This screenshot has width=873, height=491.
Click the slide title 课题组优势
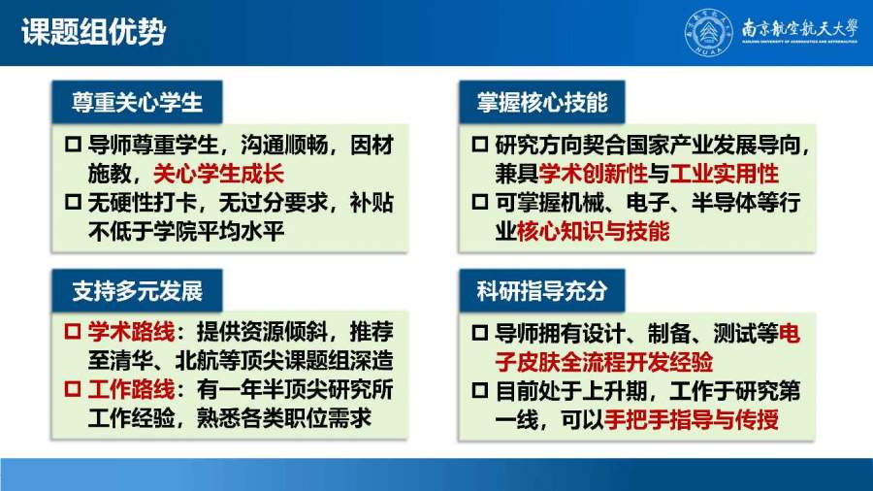pyautogui.click(x=93, y=31)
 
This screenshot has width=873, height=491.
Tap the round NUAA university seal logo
pyautogui.click(x=708, y=32)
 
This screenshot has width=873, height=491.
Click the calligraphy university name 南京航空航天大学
pyautogui.click(x=799, y=28)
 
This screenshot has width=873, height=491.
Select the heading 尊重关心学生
pyautogui.click(x=137, y=102)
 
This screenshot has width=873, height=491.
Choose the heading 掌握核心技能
pyautogui.click(x=541, y=102)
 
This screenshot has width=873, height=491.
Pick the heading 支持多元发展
pyautogui.click(x=137, y=290)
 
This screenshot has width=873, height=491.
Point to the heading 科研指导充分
pyautogui.click(x=541, y=290)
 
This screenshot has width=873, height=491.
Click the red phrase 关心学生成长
pyautogui.click(x=218, y=174)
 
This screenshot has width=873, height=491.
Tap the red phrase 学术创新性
pyautogui.click(x=593, y=174)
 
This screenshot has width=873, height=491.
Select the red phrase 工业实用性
pyautogui.click(x=724, y=174)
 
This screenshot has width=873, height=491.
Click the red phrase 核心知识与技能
pyautogui.click(x=593, y=231)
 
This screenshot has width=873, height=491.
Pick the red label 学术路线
pyautogui.click(x=131, y=332)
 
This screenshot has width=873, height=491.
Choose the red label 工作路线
pyautogui.click(x=131, y=389)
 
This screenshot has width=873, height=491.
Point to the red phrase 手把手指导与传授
pyautogui.click(x=691, y=419)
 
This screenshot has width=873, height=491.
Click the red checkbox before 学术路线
pyautogui.click(x=73, y=332)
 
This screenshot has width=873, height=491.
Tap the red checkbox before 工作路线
pyautogui.click(x=73, y=389)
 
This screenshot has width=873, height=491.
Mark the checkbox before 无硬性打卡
pyautogui.click(x=73, y=202)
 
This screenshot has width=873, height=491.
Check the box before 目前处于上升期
pyautogui.click(x=480, y=391)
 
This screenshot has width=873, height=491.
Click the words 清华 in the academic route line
pyautogui.click(x=131, y=361)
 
